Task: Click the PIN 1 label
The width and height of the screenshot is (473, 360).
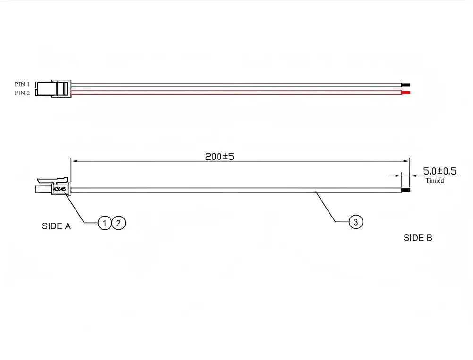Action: [x=22, y=84]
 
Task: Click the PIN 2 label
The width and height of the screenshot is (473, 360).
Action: [x=22, y=93]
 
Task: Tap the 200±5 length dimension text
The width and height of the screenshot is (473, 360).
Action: [x=220, y=157]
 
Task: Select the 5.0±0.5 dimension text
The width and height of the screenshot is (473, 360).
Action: [x=439, y=171]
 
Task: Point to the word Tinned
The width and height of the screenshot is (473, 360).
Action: [x=435, y=180]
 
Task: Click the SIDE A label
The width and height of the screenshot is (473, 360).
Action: [x=56, y=226]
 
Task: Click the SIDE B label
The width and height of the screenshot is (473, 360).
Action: [x=418, y=238]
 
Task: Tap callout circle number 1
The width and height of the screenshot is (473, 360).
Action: [x=105, y=223]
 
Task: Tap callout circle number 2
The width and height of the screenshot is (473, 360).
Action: [x=118, y=223]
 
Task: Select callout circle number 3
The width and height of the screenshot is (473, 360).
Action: [x=355, y=222]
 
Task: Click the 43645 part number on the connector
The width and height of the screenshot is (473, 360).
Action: [x=59, y=189]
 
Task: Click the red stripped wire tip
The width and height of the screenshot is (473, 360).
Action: [x=406, y=92]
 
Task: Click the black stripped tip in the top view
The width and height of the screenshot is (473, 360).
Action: [x=406, y=85]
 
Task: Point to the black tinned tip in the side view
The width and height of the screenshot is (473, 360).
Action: [x=406, y=190]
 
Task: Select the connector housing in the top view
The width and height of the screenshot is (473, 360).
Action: [x=53, y=89]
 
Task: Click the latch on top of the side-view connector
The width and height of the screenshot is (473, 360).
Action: [x=52, y=180]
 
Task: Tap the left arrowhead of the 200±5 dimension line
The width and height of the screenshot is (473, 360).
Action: [x=74, y=161]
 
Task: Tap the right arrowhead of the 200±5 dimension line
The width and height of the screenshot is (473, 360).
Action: [x=407, y=161]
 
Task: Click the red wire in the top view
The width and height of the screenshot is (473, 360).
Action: [x=236, y=92]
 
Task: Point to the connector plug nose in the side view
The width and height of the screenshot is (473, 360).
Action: [x=44, y=189]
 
